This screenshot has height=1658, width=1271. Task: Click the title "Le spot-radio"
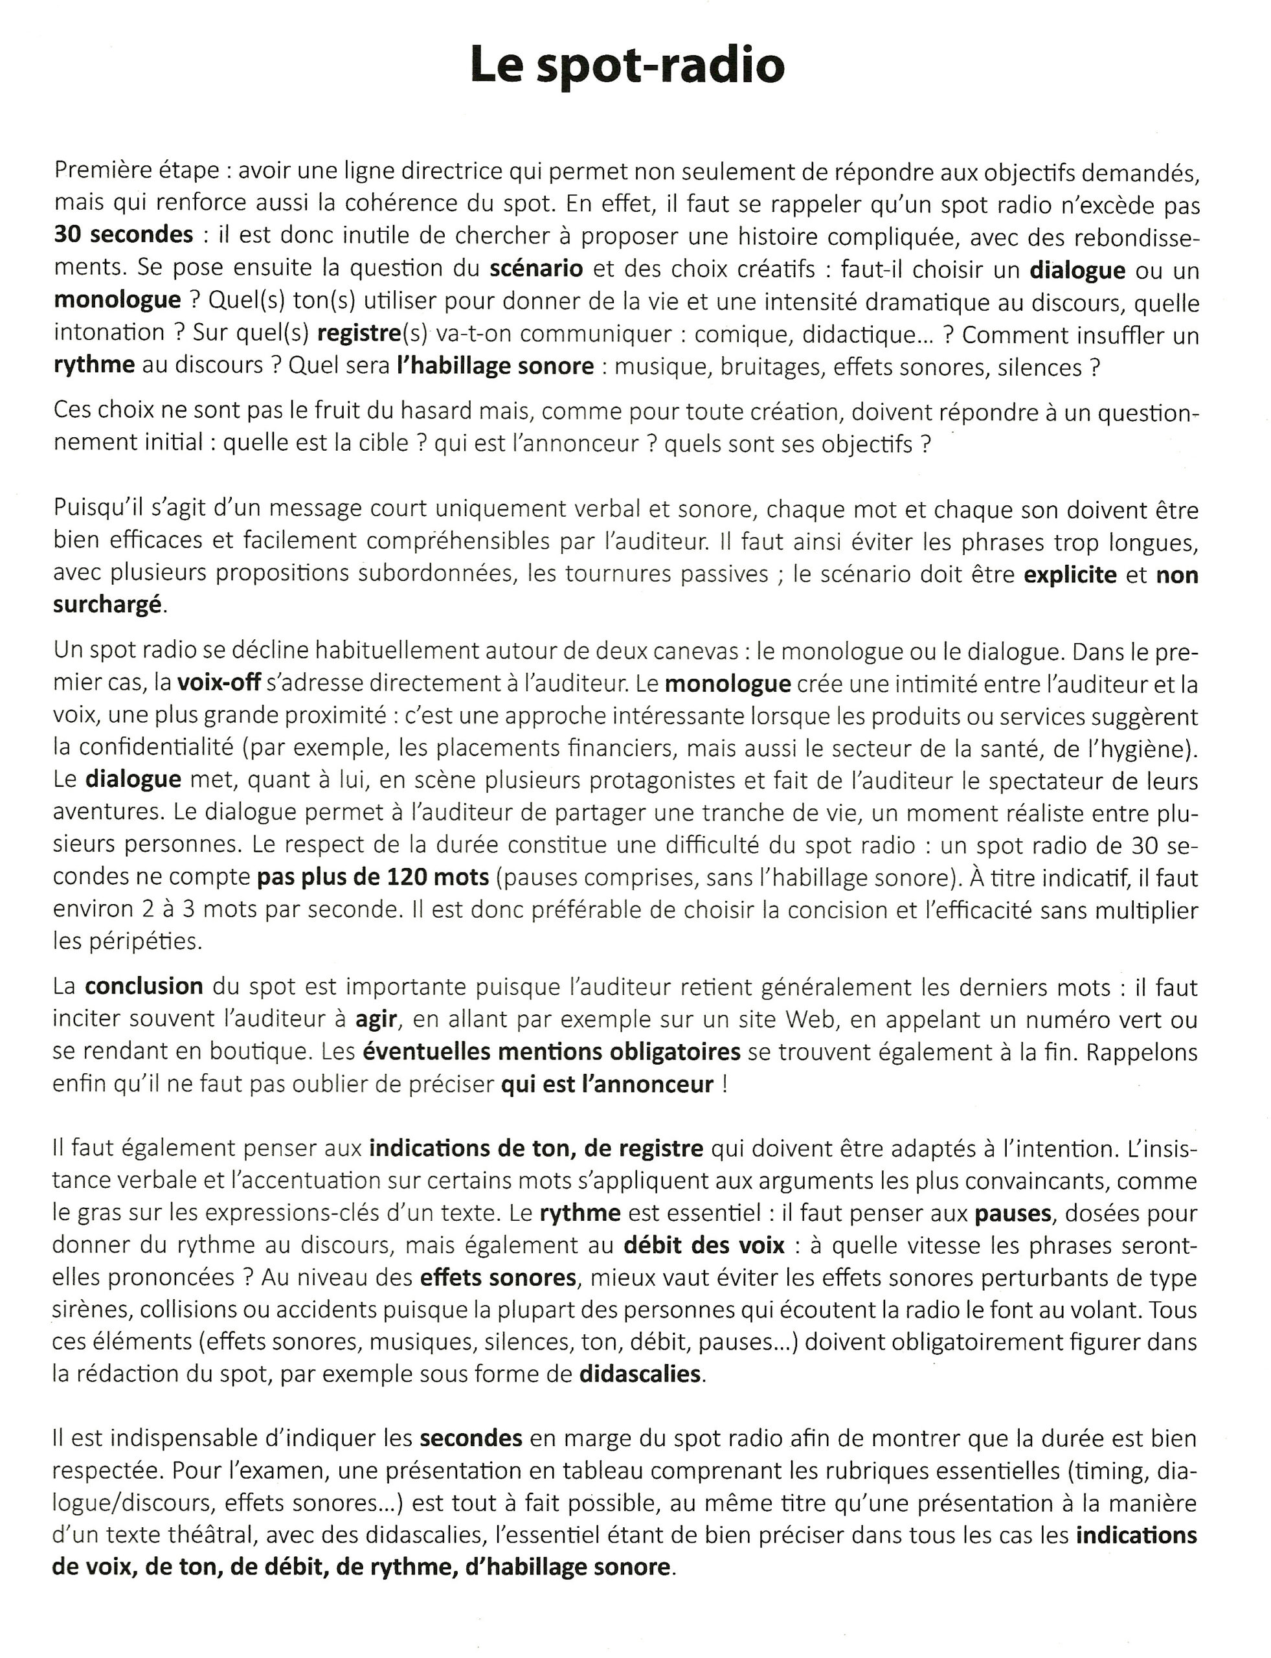click(x=627, y=65)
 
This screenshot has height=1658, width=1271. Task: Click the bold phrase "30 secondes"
click(x=123, y=235)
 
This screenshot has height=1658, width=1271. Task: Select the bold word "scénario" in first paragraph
click(x=535, y=269)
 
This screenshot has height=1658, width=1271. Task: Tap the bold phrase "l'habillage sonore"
click(x=495, y=367)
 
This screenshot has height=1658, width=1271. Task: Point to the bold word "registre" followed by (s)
click(x=359, y=334)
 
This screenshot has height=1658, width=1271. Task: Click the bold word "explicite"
click(x=1070, y=574)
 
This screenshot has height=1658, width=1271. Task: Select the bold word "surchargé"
click(x=107, y=605)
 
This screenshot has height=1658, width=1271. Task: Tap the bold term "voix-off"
click(x=219, y=683)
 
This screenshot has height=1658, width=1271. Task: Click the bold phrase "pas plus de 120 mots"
click(x=373, y=877)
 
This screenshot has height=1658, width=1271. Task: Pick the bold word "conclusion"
click(x=144, y=987)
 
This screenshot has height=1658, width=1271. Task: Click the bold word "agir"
click(x=376, y=1019)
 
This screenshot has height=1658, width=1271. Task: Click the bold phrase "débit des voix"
click(x=704, y=1245)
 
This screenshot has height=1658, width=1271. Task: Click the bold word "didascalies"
click(x=640, y=1374)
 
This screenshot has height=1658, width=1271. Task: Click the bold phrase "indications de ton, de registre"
click(x=536, y=1149)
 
